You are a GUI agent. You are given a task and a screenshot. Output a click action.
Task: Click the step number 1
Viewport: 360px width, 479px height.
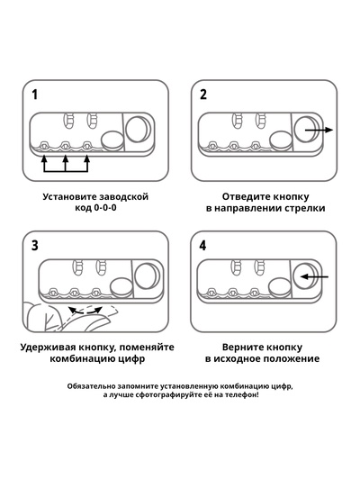point(35,95)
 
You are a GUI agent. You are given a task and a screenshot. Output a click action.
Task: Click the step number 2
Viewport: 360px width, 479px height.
point(203,95)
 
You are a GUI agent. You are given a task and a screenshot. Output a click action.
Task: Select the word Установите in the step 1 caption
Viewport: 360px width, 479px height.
point(72,195)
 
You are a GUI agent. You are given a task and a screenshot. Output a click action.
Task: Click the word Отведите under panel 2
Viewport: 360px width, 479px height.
point(246,195)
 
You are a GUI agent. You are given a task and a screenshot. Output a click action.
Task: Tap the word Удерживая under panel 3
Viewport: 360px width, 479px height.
point(50,346)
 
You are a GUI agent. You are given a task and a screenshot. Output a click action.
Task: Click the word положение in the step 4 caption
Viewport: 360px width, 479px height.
point(291,358)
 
